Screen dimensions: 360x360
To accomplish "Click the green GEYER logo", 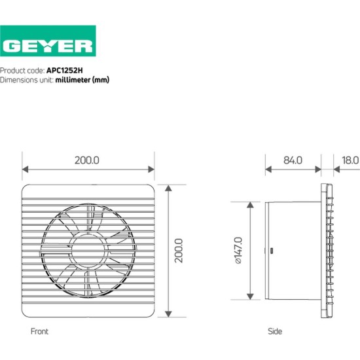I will tap(48, 45).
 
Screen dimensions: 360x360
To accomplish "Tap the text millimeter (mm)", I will tap(82, 80).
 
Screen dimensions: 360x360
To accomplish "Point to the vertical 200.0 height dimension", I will tap(178, 249).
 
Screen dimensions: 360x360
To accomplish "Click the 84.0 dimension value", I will tap(293, 160).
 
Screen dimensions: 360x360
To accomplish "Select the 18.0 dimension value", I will tap(350, 160).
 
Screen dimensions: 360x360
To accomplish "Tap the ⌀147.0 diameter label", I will tap(238, 250).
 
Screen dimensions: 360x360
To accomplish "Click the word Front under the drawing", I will tap(39, 331).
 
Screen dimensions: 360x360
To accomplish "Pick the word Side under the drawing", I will tap(276, 331).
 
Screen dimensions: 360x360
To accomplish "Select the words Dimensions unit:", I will tap(27, 80).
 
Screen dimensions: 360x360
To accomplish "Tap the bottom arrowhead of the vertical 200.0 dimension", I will tap(168, 314).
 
